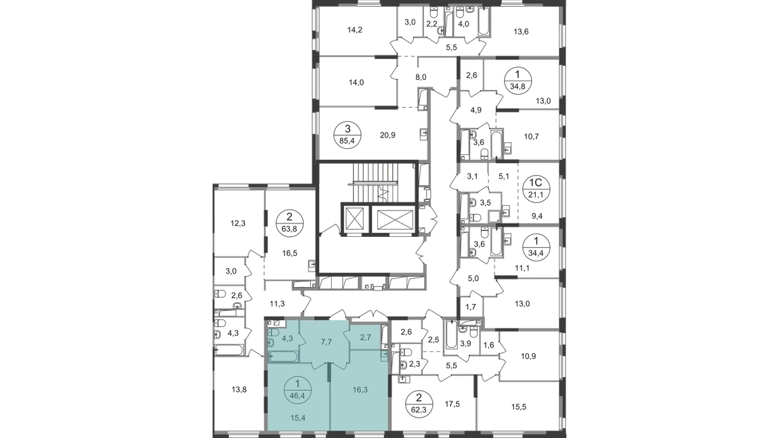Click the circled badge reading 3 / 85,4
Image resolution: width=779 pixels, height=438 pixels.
tap(348, 134)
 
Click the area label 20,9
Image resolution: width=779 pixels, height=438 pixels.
tap(387, 135)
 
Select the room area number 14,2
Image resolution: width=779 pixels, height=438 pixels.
tap(355, 30)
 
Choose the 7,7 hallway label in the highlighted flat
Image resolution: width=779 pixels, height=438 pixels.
tap(326, 342)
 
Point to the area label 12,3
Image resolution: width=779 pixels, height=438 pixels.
tap(238, 223)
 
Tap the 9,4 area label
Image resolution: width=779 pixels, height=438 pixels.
tap(536, 216)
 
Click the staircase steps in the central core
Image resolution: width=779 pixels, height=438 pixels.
tap(383, 183)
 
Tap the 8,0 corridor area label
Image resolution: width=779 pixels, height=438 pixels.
tap(421, 77)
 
